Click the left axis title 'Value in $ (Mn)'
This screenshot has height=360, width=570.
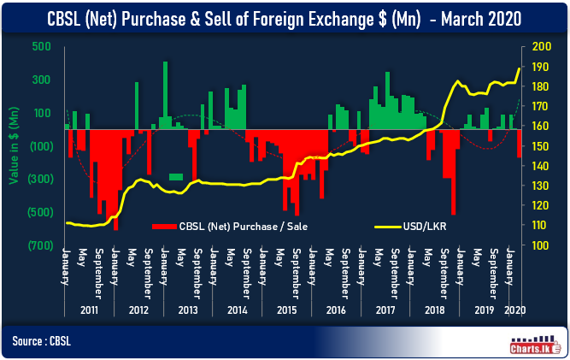point(14,145)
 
